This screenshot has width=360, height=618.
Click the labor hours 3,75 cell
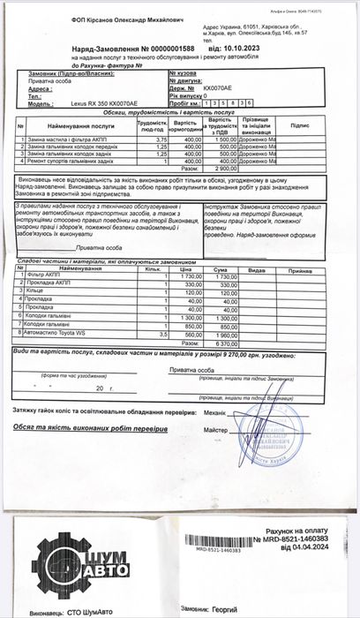coord(161,139)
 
